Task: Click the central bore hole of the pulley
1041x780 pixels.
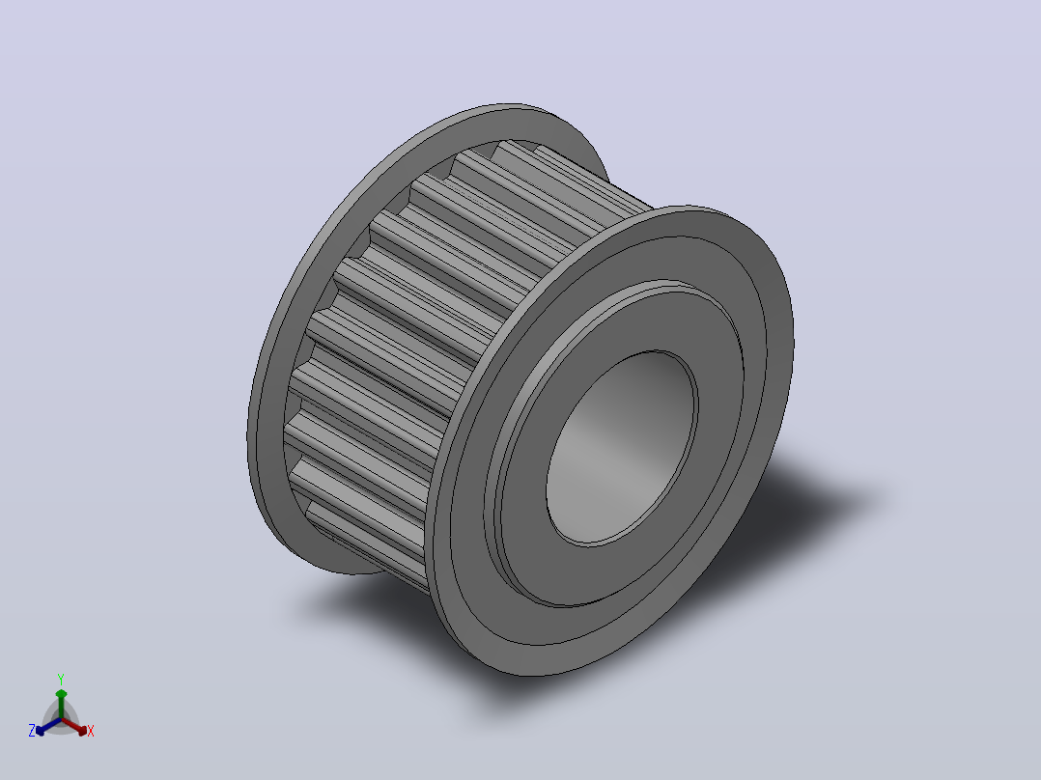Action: [622, 449]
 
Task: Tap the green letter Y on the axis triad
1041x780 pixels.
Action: [61, 679]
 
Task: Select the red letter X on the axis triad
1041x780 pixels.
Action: [91, 731]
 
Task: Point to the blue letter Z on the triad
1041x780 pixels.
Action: [32, 730]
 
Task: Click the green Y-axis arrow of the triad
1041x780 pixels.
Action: [61, 704]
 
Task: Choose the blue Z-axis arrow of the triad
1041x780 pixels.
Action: [48, 726]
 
